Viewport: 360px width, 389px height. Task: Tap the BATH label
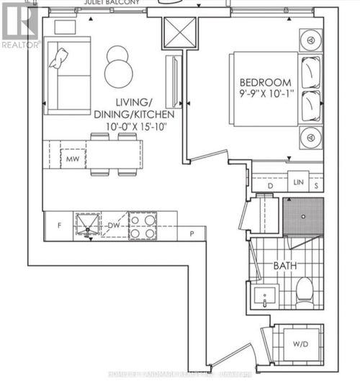(284, 265)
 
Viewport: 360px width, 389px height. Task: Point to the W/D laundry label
(300, 344)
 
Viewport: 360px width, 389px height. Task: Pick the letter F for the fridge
(60, 225)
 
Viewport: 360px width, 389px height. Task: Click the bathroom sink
(266, 295)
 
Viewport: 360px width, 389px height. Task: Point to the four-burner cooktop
(142, 225)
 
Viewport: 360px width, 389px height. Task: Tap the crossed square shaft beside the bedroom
(175, 32)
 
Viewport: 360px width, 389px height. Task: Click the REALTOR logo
(19, 25)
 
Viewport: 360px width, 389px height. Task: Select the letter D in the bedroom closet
(270, 185)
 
